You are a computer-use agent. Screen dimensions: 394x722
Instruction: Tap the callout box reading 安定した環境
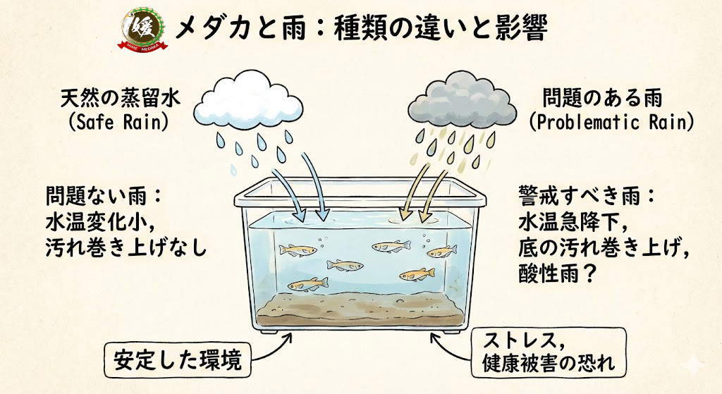pos(177,360)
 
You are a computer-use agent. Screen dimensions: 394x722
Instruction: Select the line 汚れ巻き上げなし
pos(126,248)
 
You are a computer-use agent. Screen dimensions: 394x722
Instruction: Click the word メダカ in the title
pos(207,28)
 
